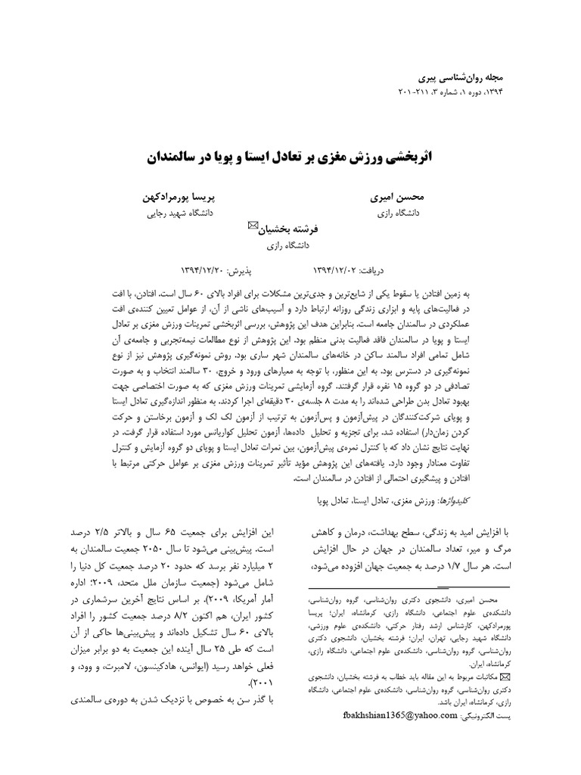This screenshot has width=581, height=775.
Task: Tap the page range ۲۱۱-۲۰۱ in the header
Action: tap(415, 92)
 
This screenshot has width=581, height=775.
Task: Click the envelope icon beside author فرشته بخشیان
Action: tap(253, 226)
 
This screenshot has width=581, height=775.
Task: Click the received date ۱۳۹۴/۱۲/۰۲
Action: tap(339, 269)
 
